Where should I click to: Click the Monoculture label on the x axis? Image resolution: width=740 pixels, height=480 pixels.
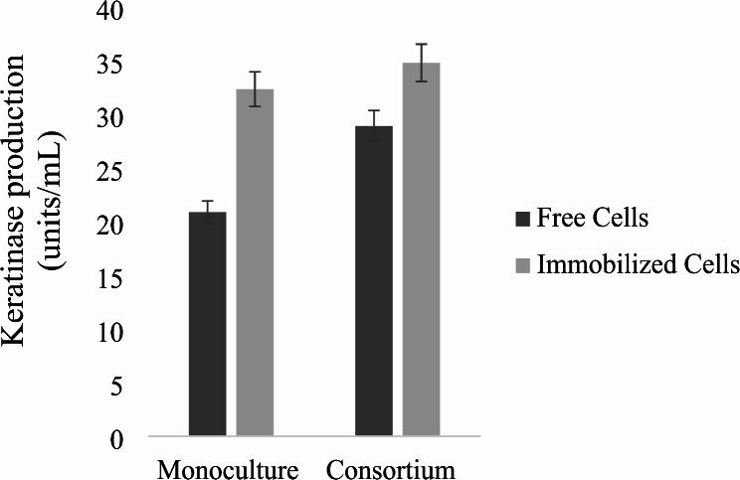(228, 468)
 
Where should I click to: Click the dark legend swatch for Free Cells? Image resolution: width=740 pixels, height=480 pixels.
(521, 217)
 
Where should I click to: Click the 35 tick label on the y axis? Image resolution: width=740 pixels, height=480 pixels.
(116, 66)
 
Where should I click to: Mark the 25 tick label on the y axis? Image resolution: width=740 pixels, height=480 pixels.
(116, 172)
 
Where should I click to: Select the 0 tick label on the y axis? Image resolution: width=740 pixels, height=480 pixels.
(122, 438)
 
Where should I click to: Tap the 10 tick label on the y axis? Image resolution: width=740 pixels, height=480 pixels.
(116, 332)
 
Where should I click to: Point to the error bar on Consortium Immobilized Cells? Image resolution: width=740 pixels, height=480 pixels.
(422, 63)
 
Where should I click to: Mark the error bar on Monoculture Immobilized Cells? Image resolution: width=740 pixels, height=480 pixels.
(255, 88)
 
